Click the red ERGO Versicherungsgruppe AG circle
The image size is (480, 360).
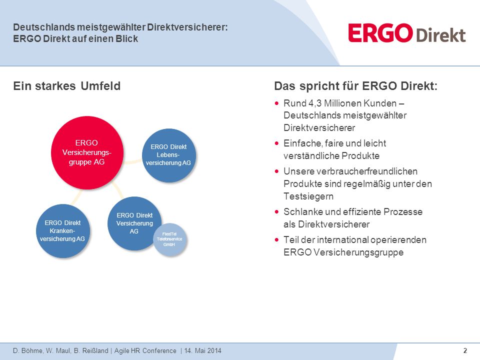[87, 152]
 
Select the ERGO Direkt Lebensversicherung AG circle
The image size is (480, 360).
[169, 155]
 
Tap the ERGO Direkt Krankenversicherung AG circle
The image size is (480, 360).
[63, 231]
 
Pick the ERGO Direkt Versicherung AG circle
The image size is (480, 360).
[134, 223]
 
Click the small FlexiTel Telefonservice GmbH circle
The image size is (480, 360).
[170, 239]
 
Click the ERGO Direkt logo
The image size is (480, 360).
[407, 33]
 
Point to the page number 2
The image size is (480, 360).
[465, 350]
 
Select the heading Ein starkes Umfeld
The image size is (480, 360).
[66, 86]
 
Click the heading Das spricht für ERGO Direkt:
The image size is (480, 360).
[355, 86]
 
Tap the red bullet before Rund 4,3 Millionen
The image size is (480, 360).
[276, 103]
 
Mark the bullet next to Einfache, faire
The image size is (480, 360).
[276, 143]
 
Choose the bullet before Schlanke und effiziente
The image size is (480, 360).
[276, 212]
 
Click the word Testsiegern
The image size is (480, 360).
[308, 196]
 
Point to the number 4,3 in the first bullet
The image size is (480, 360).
[315, 103]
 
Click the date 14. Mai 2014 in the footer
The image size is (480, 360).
[202, 351]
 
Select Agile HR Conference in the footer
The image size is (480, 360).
[145, 351]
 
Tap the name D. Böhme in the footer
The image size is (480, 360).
[27, 351]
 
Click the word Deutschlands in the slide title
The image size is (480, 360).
[43, 27]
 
